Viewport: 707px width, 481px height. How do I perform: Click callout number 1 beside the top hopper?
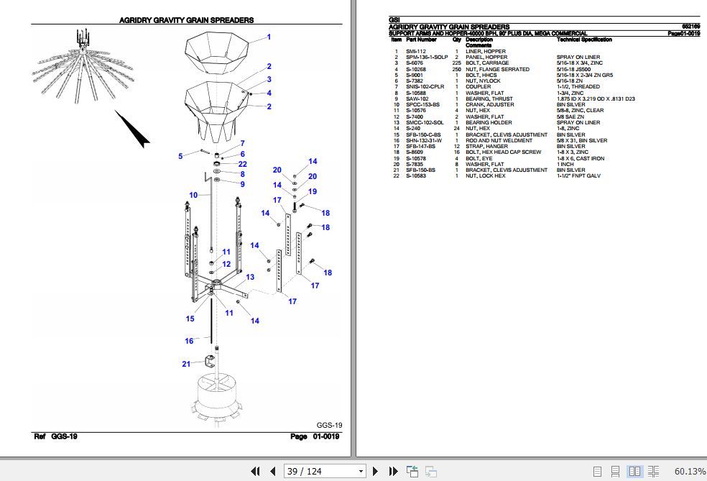269,37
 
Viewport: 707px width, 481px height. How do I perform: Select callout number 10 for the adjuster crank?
193,195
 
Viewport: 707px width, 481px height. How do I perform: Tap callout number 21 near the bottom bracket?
186,364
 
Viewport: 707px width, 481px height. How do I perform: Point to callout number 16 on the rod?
189,341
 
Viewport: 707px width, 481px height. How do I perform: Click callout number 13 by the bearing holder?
250,277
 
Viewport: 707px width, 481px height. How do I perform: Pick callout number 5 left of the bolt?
181,155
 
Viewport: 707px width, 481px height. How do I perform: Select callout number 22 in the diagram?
243,164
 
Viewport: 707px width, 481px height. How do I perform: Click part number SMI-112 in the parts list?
416,52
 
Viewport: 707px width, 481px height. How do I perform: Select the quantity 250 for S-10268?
456,69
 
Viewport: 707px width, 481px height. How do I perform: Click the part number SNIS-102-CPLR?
425,86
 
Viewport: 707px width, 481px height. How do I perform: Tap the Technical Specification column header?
584,40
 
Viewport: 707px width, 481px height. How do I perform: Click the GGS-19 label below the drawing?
329,424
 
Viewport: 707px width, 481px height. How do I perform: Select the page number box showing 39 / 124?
324,471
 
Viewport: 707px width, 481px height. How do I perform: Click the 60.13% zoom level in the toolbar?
689,471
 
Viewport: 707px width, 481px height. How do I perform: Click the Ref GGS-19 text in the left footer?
56,436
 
